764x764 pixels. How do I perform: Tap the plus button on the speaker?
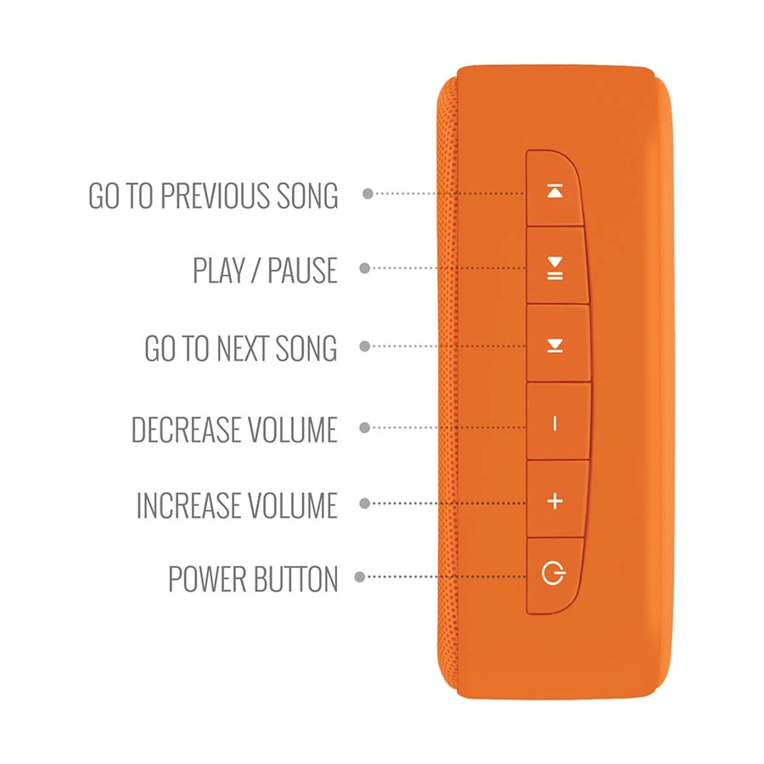(x=555, y=501)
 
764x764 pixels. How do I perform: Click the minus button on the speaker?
(x=555, y=424)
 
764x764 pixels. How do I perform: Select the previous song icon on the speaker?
(x=555, y=191)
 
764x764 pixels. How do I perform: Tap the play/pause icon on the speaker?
(x=555, y=268)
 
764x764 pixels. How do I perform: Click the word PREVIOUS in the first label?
(x=216, y=196)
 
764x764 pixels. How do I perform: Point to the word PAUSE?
(x=302, y=271)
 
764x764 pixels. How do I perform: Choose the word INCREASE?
(x=187, y=505)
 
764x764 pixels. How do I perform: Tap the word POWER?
(x=207, y=579)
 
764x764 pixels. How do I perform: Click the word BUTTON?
(x=295, y=579)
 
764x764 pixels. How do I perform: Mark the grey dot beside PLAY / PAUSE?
(x=364, y=268)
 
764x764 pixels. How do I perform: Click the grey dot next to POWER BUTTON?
(x=360, y=577)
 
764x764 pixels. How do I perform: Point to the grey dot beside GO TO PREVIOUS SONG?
(x=368, y=194)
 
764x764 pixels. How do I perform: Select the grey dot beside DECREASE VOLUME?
(x=364, y=427)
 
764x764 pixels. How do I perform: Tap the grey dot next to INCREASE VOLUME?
(x=364, y=503)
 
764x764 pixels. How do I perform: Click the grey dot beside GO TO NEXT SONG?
(x=364, y=346)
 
